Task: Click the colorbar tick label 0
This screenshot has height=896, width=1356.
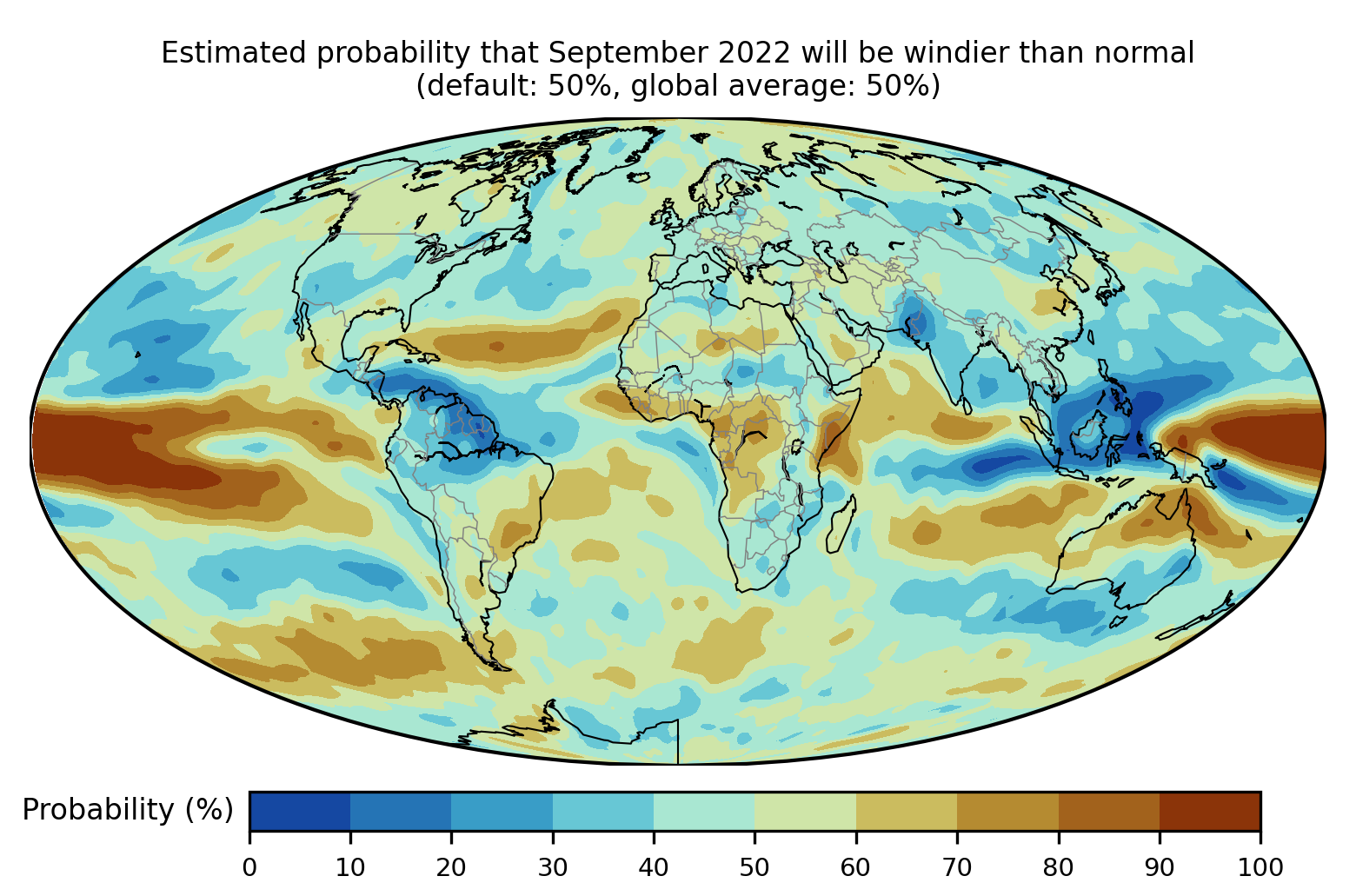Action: (x=249, y=866)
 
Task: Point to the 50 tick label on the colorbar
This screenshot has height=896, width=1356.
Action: (x=754, y=866)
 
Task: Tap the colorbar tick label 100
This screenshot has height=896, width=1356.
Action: (x=1260, y=866)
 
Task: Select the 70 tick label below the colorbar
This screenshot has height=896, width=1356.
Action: (x=957, y=866)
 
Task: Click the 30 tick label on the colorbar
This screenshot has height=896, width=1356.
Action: (x=553, y=866)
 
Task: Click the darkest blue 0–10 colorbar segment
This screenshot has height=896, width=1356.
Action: (x=300, y=811)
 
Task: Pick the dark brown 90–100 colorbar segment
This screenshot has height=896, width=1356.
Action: (x=1210, y=811)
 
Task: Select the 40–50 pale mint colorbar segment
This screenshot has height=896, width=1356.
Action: (x=704, y=811)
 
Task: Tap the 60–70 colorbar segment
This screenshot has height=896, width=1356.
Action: (x=907, y=811)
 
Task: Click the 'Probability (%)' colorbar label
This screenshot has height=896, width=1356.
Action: (x=128, y=810)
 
